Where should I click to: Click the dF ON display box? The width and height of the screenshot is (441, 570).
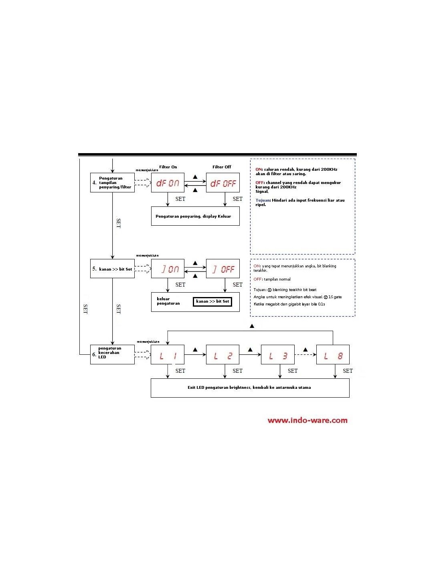click(x=168, y=183)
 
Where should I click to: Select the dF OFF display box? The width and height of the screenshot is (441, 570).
click(x=223, y=183)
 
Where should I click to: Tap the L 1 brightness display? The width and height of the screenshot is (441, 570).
click(x=168, y=355)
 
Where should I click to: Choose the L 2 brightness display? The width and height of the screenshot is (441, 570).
click(x=223, y=355)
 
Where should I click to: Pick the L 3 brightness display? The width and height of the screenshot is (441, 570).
click(x=277, y=355)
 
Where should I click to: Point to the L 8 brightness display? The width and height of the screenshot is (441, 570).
click(x=333, y=355)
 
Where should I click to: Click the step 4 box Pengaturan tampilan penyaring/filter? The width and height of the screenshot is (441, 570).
click(x=112, y=183)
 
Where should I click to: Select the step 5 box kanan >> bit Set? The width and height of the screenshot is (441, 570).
click(x=112, y=269)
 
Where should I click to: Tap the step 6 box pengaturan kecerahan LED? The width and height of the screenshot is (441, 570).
click(x=112, y=354)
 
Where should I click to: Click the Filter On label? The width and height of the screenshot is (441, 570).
click(x=168, y=167)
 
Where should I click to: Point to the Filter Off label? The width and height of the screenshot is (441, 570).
click(x=222, y=167)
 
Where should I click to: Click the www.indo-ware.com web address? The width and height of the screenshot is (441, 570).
click(x=307, y=420)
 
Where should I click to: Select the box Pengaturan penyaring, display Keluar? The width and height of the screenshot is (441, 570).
click(x=195, y=216)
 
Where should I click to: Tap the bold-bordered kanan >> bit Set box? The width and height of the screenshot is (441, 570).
click(x=212, y=301)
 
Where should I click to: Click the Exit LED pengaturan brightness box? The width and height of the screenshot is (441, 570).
click(x=250, y=388)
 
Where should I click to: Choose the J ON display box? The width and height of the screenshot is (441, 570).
click(x=168, y=269)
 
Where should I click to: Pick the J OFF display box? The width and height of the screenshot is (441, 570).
click(x=223, y=269)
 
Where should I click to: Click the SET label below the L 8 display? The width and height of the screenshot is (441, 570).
click(x=348, y=371)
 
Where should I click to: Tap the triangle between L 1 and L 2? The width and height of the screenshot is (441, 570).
click(x=195, y=350)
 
